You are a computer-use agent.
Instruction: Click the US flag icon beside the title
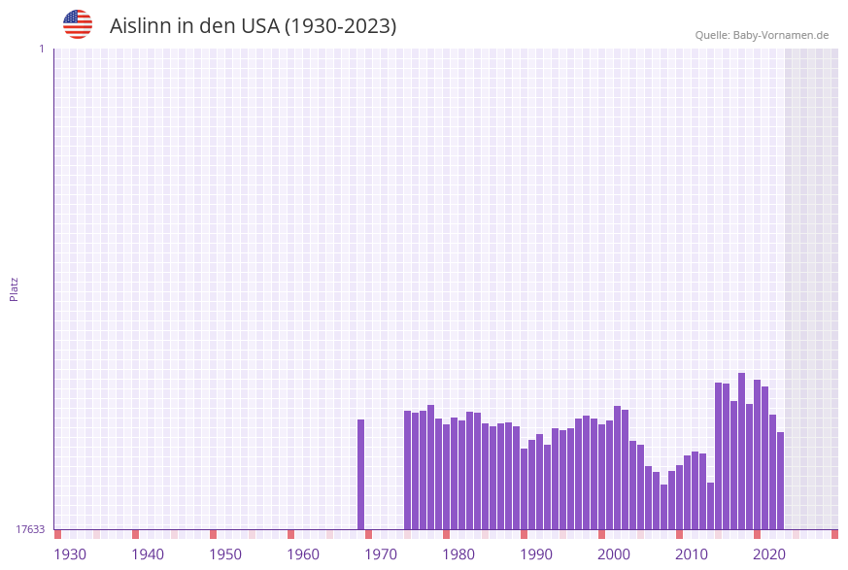(78, 24)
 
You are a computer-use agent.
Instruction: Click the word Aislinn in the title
(141, 26)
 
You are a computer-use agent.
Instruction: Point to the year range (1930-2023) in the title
(340, 26)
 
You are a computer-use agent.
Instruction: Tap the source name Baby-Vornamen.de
(781, 35)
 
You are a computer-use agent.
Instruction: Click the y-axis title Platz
(15, 288)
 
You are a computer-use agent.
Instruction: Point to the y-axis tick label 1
(42, 49)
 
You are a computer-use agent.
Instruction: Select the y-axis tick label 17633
(30, 529)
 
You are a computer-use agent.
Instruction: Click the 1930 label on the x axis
(70, 554)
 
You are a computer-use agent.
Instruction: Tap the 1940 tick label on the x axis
(148, 554)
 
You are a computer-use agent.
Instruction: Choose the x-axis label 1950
(225, 554)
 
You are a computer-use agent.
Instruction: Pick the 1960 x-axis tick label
(303, 554)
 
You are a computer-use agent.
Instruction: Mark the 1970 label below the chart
(381, 554)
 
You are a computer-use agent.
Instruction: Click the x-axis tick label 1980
(458, 554)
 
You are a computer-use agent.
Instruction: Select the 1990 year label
(536, 554)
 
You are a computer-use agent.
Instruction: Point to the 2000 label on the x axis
(614, 554)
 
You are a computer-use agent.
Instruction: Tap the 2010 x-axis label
(692, 554)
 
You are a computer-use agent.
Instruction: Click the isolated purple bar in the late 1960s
(361, 474)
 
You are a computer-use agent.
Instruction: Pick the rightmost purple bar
(780, 481)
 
